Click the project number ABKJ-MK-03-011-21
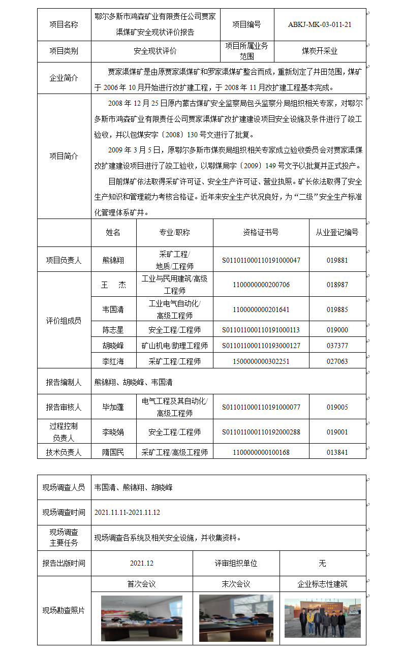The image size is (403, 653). [x=320, y=24]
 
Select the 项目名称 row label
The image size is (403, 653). [x=64, y=24]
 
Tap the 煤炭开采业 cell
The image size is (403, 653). [x=320, y=51]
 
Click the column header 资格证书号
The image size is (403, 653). [x=261, y=232]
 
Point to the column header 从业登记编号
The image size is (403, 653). [x=337, y=232]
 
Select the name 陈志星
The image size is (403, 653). [x=113, y=330]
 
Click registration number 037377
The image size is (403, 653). [x=337, y=346]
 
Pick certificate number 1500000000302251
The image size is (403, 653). [x=261, y=361]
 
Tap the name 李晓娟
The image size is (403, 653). [x=113, y=432]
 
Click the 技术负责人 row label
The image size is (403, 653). [x=64, y=452]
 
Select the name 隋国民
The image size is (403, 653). [x=113, y=452]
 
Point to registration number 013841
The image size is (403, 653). [x=337, y=452]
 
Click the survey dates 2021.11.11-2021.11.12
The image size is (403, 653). [x=127, y=512]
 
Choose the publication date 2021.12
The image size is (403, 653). [x=141, y=563]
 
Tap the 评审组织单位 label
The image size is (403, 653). [x=236, y=563]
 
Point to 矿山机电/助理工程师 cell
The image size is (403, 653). [x=174, y=346]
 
